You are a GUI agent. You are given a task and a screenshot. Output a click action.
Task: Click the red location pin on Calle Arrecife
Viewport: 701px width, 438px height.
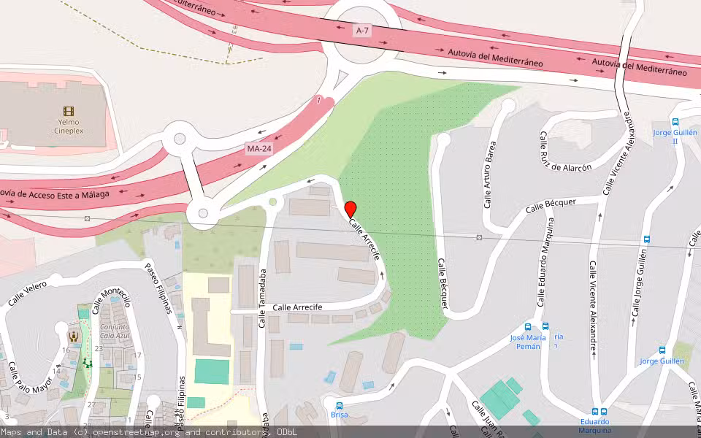(x=350, y=208)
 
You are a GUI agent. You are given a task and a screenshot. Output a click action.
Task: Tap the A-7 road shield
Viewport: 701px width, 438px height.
(x=363, y=30)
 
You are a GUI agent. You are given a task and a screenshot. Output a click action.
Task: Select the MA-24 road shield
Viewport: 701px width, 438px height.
(x=258, y=149)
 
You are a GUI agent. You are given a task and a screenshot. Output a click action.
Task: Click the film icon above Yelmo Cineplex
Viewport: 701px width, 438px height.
(x=69, y=111)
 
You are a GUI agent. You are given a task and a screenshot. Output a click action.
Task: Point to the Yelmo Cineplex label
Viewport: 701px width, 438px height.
(x=69, y=126)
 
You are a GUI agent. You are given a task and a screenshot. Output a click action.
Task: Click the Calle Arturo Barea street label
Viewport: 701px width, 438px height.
(x=490, y=174)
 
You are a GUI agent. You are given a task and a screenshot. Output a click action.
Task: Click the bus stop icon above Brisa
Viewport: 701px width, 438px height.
(x=339, y=405)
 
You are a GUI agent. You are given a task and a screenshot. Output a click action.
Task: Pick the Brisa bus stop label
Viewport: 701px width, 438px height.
(x=339, y=415)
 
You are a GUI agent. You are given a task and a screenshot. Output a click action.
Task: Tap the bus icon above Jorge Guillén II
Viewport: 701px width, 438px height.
(x=675, y=123)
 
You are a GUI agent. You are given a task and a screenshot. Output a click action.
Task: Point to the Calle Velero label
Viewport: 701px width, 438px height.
(x=27, y=292)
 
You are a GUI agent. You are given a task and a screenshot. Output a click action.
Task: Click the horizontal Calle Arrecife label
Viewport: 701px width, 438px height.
(x=297, y=307)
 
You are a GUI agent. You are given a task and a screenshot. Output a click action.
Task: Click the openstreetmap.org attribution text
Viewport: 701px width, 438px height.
(x=134, y=432)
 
